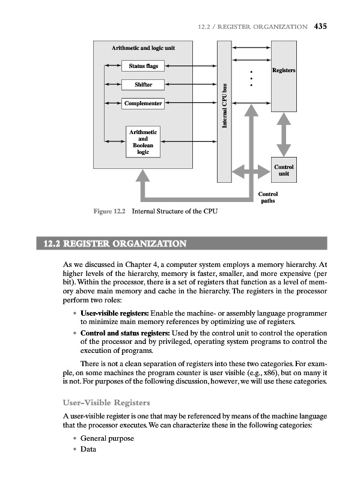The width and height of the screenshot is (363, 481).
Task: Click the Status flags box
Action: (x=142, y=65)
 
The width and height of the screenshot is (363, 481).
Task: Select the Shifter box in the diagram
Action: (x=142, y=84)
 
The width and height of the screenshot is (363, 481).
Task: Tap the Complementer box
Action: (x=142, y=103)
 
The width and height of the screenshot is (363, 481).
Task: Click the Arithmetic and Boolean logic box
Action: (x=142, y=142)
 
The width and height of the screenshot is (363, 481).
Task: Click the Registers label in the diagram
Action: (x=284, y=71)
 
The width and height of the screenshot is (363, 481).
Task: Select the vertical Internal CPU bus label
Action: (x=224, y=106)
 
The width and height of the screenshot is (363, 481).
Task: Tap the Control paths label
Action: (x=268, y=198)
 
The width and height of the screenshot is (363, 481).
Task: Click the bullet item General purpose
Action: (x=105, y=438)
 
